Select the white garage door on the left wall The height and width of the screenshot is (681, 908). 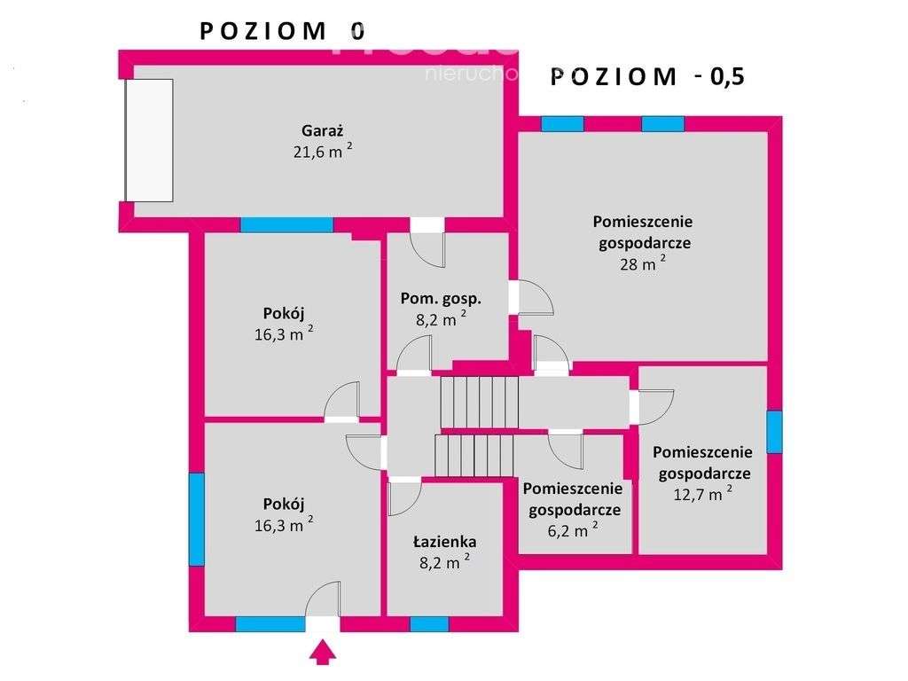tap(149, 141)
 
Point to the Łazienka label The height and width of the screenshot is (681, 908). tap(444, 542)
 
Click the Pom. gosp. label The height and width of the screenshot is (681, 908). tap(441, 299)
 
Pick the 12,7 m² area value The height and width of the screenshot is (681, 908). tap(702, 494)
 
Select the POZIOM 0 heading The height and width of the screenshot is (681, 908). tap(282, 31)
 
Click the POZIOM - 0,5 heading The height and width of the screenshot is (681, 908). tap(646, 76)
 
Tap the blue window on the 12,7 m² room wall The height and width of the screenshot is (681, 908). tap(775, 432)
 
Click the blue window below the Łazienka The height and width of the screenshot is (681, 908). tap(429, 624)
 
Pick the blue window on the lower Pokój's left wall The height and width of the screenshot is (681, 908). tap(196, 519)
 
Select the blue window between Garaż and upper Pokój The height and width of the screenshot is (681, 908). tap(286, 225)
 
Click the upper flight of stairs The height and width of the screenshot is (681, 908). tap(480, 402)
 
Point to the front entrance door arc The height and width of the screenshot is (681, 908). tap(323, 599)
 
